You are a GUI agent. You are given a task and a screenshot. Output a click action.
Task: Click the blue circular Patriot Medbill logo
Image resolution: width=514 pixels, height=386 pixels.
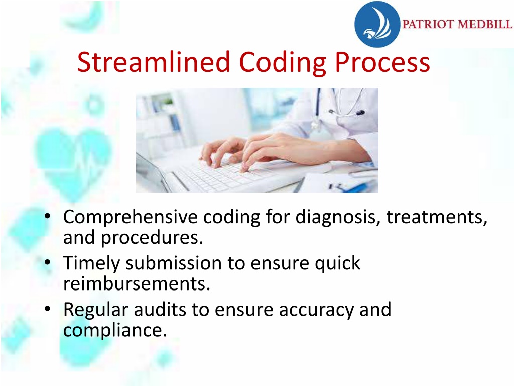coord(377,24)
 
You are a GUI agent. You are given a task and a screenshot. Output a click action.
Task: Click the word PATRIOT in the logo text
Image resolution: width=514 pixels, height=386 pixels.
coord(428,24)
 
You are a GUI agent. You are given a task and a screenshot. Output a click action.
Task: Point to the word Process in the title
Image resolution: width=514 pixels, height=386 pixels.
coord(382,62)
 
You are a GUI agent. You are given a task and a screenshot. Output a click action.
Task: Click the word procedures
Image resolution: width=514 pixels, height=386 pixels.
coord(152,238)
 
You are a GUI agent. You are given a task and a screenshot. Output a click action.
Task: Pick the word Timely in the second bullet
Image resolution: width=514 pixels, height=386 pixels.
coord(92,263)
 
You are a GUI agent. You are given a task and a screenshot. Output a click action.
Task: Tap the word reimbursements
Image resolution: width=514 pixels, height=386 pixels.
coord(137,284)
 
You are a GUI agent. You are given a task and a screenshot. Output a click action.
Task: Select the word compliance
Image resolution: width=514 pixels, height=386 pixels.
coord(115,330)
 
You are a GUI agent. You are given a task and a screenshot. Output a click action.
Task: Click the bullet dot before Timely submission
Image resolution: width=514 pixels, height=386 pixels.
coord(48,262)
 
